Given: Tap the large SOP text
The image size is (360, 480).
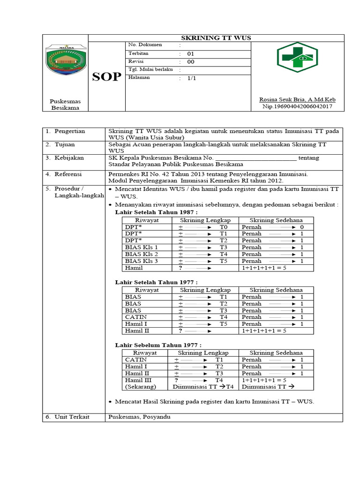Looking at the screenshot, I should coord(106,77).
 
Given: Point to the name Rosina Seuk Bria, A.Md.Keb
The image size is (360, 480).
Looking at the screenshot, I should coord(298,99).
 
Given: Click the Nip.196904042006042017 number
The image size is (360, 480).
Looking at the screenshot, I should coord(298,107).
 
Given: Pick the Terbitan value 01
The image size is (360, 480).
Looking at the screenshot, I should coord(190,53).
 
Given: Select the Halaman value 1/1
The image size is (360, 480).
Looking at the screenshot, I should coord(191,78).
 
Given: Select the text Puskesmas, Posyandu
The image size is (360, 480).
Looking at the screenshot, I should coord(140,417).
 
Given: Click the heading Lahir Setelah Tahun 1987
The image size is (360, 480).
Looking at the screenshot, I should coord(156,212).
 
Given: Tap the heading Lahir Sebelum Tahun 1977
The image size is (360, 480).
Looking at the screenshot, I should coord(158,345).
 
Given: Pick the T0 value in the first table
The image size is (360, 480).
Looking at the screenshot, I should coord(224,227).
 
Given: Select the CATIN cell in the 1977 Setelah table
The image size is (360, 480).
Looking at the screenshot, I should coord(134,317).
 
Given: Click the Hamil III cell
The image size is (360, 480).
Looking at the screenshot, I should coord(136,380).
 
